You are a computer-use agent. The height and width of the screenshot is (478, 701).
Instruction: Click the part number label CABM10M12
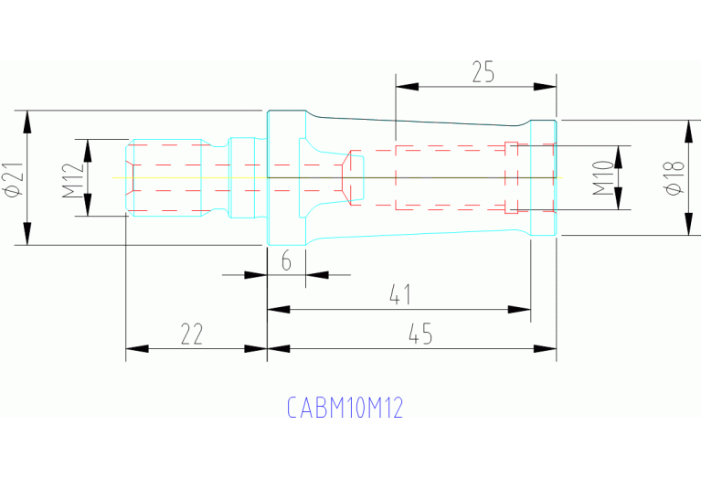(x=345, y=408)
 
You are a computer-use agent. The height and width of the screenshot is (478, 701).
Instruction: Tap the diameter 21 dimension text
(x=13, y=178)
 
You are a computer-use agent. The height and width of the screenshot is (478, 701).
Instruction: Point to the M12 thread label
(x=73, y=178)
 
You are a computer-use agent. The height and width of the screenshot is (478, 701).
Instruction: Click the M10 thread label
(x=601, y=177)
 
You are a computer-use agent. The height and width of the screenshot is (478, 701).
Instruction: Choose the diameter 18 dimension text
(x=674, y=177)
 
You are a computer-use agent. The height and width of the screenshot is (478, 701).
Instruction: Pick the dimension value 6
(x=285, y=261)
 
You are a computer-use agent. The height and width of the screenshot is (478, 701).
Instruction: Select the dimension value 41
(x=398, y=295)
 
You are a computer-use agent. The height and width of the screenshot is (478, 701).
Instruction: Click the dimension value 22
(x=192, y=335)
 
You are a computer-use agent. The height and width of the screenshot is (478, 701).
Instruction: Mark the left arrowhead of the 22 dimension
(x=136, y=348)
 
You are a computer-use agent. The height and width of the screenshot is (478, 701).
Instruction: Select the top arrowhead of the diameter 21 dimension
(x=27, y=122)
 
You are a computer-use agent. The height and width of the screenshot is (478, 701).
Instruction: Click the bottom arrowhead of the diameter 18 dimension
(x=688, y=225)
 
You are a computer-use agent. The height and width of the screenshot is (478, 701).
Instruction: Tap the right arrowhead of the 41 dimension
(x=520, y=309)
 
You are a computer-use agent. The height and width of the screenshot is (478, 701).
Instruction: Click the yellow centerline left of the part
(x=119, y=177)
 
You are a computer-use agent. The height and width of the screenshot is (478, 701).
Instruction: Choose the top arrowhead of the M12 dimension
(x=88, y=150)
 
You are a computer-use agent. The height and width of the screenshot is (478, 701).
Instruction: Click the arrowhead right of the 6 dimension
(x=316, y=273)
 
